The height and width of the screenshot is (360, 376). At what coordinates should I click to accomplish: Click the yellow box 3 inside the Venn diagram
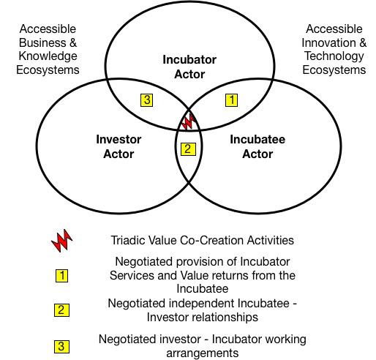click(146, 100)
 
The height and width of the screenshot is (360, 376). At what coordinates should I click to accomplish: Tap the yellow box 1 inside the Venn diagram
click(231, 100)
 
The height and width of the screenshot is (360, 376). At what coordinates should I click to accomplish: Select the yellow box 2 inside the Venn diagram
click(188, 149)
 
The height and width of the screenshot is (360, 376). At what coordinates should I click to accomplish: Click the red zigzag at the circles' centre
click(188, 122)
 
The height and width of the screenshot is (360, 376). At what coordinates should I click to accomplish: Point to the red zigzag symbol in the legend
click(61, 241)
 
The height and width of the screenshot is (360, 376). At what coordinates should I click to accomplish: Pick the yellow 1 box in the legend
click(61, 276)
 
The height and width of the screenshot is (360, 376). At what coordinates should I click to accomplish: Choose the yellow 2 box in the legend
click(61, 310)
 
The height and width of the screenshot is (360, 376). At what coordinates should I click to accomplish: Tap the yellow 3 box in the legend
click(61, 347)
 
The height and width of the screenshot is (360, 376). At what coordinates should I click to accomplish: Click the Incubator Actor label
click(189, 67)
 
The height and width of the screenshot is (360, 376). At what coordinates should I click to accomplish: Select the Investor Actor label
click(119, 146)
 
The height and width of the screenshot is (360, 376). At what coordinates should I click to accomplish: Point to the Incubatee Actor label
click(257, 146)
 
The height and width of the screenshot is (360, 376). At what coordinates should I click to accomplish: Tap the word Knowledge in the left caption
click(48, 56)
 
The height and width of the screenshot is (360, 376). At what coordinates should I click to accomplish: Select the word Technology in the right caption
click(334, 56)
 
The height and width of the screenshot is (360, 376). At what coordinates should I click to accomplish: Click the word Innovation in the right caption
click(328, 43)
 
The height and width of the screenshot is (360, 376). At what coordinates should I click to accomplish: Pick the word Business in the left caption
click(42, 43)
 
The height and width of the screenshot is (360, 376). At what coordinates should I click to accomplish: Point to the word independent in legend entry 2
click(201, 304)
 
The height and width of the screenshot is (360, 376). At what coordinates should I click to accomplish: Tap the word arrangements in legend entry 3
click(203, 353)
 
